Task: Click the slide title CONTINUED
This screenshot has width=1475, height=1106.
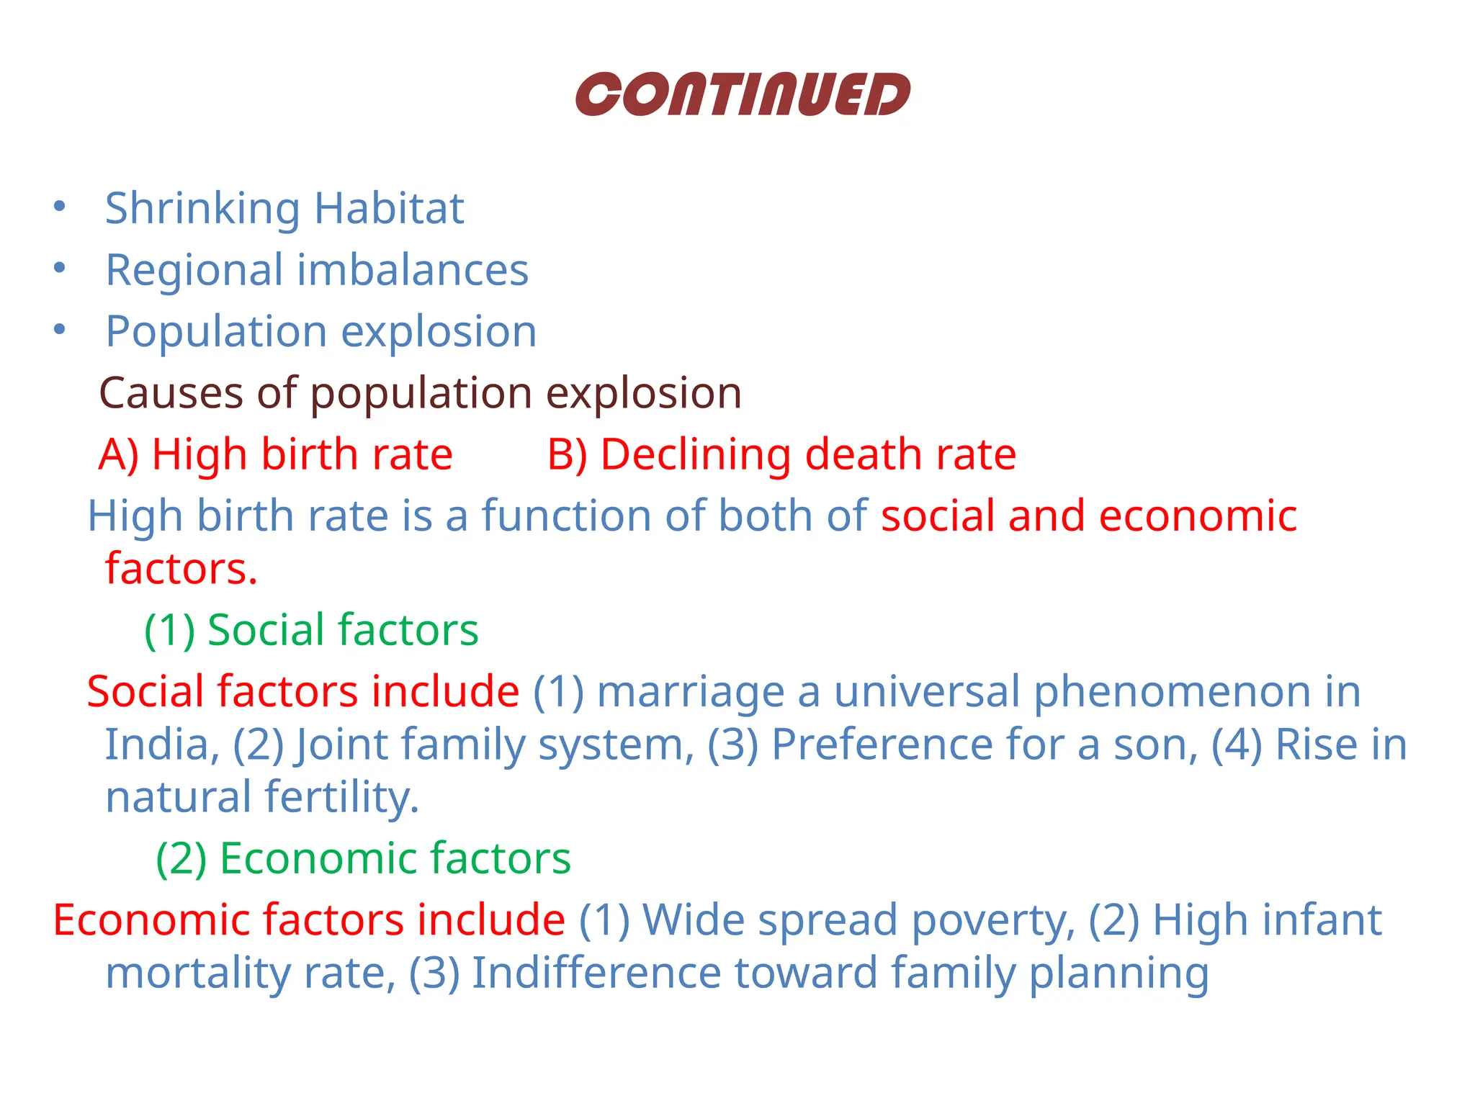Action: click(x=743, y=94)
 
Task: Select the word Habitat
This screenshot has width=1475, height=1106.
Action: click(x=389, y=209)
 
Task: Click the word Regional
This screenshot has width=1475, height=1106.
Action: click(x=194, y=271)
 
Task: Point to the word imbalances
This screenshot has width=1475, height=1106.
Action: click(x=413, y=271)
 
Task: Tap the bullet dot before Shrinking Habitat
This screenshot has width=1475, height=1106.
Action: click(x=60, y=207)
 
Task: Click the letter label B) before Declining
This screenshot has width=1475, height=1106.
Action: click(x=567, y=455)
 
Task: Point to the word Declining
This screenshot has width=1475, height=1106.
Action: click(x=696, y=455)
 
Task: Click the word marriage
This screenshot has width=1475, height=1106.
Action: click(x=691, y=692)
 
